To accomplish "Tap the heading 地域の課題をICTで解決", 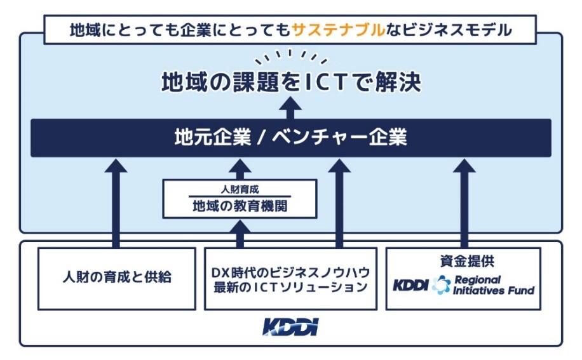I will (x=290, y=83).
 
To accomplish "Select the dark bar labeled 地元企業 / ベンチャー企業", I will (x=290, y=138).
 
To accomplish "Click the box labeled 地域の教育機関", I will (x=240, y=206).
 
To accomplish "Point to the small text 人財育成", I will (x=240, y=189).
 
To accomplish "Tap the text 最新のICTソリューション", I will (x=290, y=286).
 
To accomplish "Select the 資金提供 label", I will (x=463, y=261).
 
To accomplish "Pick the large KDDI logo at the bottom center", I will (x=290, y=328).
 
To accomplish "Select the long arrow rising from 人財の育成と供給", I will (x=115, y=203).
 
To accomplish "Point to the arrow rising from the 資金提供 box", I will (x=464, y=203).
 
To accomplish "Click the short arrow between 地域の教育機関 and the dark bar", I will (x=240, y=169).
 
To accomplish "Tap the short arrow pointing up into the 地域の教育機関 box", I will (x=240, y=233).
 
